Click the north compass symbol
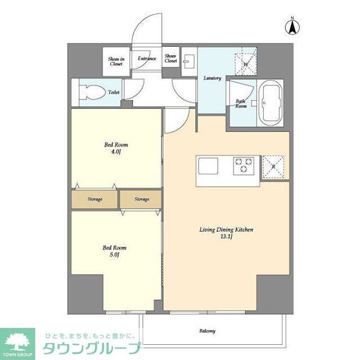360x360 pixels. pyautogui.click(x=293, y=25)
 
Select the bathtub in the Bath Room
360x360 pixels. pyautogui.click(x=271, y=103)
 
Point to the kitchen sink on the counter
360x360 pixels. pyautogui.click(x=207, y=165)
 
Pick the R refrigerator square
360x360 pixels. pyautogui.click(x=273, y=166)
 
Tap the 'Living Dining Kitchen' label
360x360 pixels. pyautogui.click(x=227, y=233)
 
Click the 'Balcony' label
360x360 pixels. pyautogui.click(x=207, y=331)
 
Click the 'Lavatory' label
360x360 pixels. pyautogui.click(x=212, y=78)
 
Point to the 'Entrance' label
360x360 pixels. pyautogui.click(x=147, y=58)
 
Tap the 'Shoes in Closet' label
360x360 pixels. pyautogui.click(x=116, y=61)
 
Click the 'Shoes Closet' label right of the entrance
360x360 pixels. pyautogui.click(x=171, y=58)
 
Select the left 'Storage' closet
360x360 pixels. pyautogui.click(x=94, y=199)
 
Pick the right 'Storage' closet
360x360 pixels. pyautogui.click(x=141, y=199)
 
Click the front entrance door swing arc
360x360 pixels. pyautogui.click(x=141, y=31)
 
